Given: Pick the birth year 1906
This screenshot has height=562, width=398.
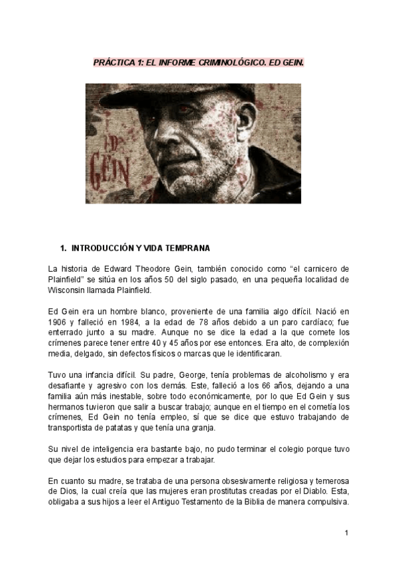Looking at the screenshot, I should [58, 321].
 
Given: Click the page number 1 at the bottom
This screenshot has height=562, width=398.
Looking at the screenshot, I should [346, 533].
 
